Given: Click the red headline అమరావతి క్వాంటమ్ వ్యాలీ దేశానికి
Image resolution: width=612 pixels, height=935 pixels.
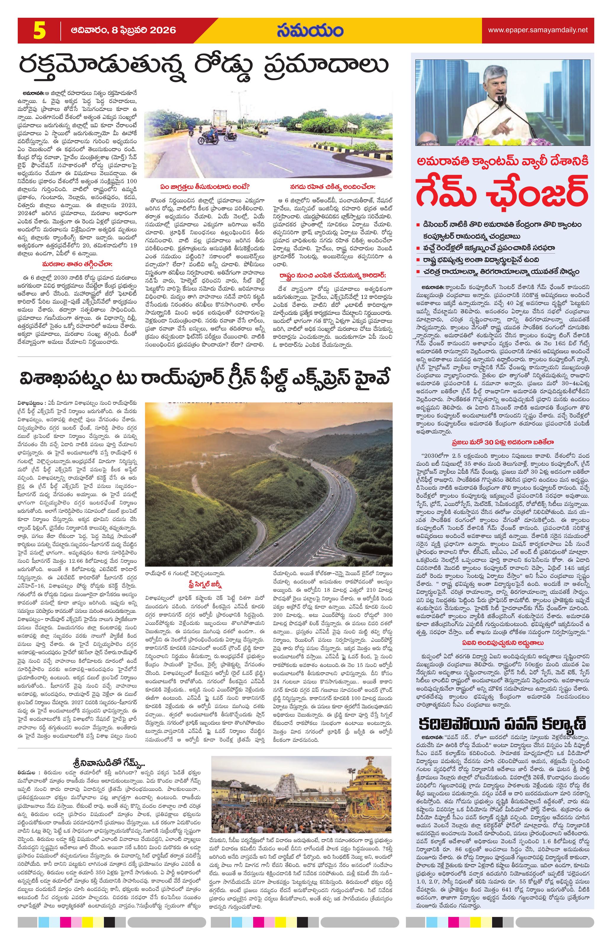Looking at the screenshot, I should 503,162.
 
